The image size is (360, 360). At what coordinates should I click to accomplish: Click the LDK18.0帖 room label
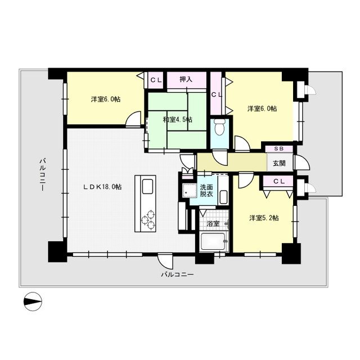pyautogui.click(x=102, y=187)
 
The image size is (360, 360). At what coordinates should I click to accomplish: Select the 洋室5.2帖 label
pyautogui.click(x=264, y=218)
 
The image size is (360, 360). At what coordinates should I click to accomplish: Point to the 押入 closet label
pyautogui.click(x=186, y=79)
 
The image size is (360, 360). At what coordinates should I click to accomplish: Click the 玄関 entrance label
pyautogui.click(x=279, y=163)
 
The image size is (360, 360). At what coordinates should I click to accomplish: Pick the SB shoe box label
pyautogui.click(x=278, y=149)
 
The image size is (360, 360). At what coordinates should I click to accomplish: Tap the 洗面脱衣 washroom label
pyautogui.click(x=206, y=190)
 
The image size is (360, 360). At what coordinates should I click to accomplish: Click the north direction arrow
pyautogui.click(x=33, y=301)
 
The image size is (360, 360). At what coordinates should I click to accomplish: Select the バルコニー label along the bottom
pyautogui.click(x=177, y=275)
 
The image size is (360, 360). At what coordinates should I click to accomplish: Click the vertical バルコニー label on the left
pyautogui.click(x=42, y=174)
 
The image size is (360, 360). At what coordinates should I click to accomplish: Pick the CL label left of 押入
pyautogui.click(x=156, y=79)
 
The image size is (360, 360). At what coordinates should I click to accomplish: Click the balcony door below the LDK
pyautogui.click(x=166, y=260)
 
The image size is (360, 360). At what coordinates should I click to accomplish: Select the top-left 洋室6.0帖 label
pyautogui.click(x=106, y=99)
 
